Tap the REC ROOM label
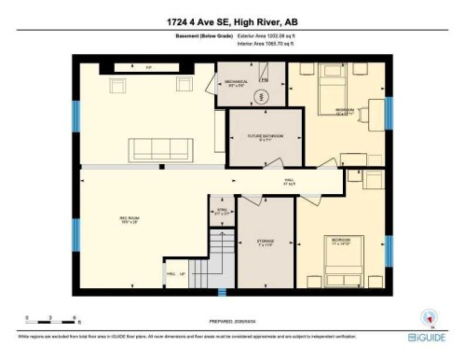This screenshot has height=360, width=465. pos(103,221)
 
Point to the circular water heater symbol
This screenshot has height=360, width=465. pos(262,96)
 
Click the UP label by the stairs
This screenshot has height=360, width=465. pos(183,274)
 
